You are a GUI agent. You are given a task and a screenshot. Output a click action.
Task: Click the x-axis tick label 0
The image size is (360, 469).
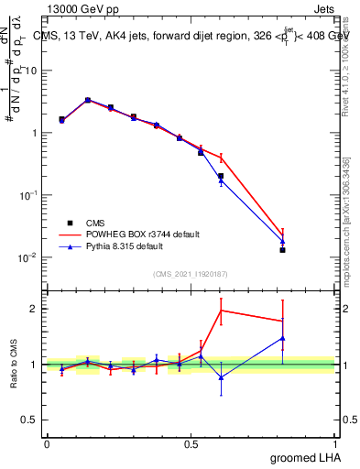[x=46, y=442]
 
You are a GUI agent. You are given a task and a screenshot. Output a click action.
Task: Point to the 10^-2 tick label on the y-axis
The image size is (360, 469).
[x=27, y=257]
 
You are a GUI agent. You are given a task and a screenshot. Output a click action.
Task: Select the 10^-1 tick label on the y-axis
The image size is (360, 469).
[x=27, y=195]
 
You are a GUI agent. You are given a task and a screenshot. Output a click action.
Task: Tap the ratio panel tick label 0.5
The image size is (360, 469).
[x=30, y=420]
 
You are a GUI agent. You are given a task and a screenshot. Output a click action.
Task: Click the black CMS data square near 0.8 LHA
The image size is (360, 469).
[x=283, y=249]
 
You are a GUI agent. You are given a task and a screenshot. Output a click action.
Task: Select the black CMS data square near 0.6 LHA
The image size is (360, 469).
[x=221, y=176]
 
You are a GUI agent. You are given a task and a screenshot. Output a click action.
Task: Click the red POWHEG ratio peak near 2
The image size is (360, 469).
[x=221, y=311]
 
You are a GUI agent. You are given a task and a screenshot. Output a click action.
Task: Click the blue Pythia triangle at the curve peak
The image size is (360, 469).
[x=88, y=100]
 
